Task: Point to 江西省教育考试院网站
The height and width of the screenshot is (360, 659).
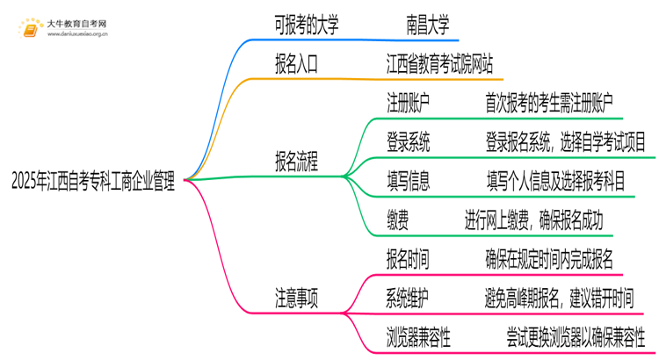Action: click(439, 65)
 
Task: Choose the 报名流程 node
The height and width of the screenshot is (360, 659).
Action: click(296, 162)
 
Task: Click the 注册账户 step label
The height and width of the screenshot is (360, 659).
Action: click(409, 104)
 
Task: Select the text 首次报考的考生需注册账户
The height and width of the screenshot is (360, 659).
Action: click(549, 104)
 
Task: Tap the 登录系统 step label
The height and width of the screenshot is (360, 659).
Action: click(409, 142)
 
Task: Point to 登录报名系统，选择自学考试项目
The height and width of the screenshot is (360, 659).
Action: click(565, 142)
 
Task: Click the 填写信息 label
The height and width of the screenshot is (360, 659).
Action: click(409, 181)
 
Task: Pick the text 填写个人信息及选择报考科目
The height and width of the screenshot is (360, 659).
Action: click(556, 181)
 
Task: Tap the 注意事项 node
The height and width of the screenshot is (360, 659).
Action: click(296, 297)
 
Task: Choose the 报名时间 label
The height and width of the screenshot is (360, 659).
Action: click(409, 258)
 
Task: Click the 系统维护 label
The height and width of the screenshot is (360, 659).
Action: click(409, 297)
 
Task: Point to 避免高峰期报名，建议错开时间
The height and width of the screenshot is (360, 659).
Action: click(558, 297)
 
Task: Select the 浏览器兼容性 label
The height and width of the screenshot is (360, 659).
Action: click(421, 335)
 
